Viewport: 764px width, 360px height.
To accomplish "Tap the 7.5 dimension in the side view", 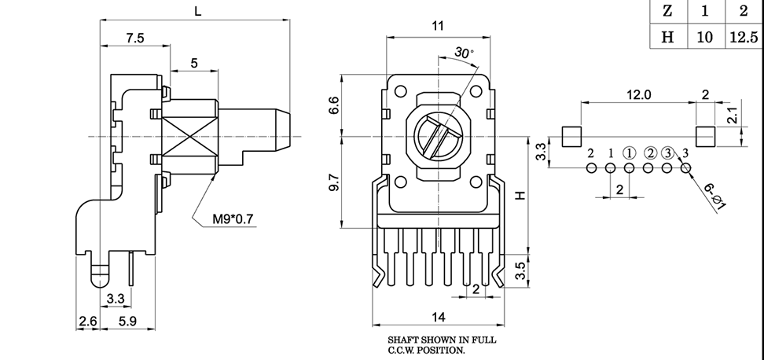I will point(134,38).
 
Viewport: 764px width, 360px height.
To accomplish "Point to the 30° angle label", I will point(464,53).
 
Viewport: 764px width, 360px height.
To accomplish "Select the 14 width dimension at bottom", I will point(439,317).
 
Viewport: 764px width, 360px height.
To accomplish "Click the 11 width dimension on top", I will point(438,26).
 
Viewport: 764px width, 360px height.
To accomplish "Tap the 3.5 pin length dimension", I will point(520,271).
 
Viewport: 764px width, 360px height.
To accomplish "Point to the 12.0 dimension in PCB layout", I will point(638,94).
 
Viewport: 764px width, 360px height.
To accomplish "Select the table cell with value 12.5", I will point(744,36).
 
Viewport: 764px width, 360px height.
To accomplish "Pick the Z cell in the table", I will point(667,10).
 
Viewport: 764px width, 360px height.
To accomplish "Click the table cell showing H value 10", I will point(705,36).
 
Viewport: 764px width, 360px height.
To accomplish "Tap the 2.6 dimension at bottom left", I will point(87,321).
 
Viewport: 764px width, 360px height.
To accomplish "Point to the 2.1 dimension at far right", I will point(730,116).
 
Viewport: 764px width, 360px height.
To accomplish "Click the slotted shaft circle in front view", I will point(438,138).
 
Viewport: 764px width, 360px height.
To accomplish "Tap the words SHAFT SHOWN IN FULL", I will point(442,340).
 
